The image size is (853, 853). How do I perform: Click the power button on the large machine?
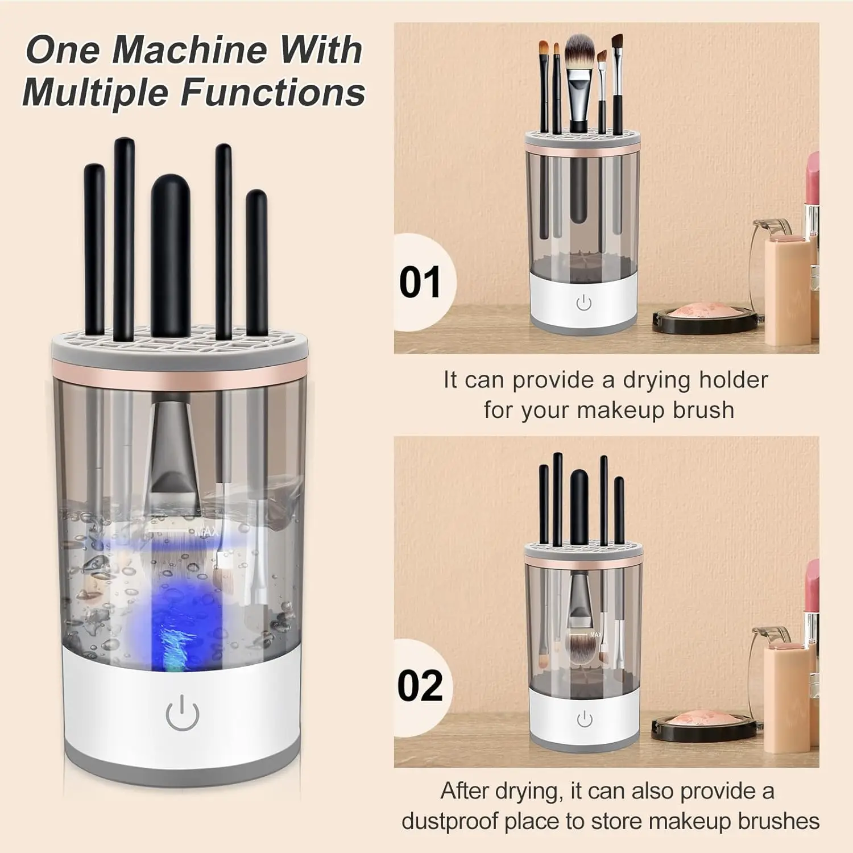coord(183,715)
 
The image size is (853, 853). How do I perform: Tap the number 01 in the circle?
coord(420,282)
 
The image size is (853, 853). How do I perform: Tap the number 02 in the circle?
coord(420,686)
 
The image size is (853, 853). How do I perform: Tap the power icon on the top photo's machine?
coord(584,303)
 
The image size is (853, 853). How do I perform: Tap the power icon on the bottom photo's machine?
coord(584,720)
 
